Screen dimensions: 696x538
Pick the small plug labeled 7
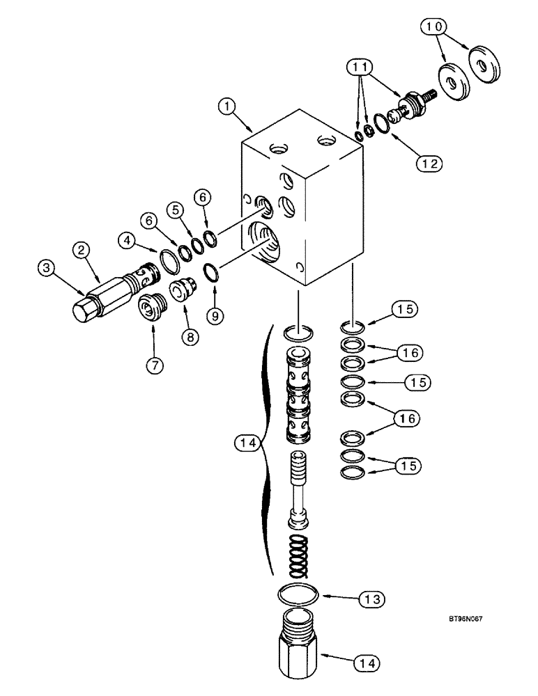[x=151, y=306]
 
